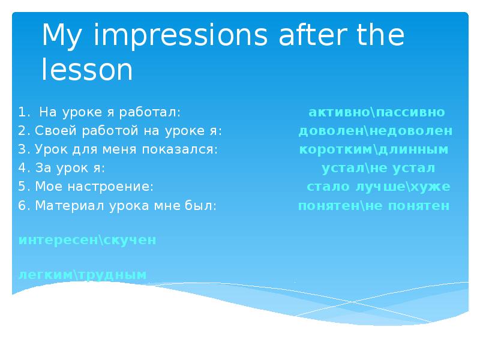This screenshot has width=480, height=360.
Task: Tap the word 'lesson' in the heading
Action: [87, 70]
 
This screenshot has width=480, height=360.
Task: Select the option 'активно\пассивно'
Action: [377, 112]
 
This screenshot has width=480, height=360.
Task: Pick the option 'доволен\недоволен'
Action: [376, 131]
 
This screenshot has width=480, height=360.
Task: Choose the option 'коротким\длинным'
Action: [374, 149]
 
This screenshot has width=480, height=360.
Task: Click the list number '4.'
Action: [23, 168]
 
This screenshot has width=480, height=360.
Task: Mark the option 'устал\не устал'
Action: [378, 168]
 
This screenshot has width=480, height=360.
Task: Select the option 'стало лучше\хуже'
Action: [378, 187]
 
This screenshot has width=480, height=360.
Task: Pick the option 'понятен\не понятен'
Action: [374, 206]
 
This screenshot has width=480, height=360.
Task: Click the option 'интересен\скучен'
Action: [88, 240]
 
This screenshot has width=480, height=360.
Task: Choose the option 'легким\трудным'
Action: [83, 275]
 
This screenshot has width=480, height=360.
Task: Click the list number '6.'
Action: [23, 206]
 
